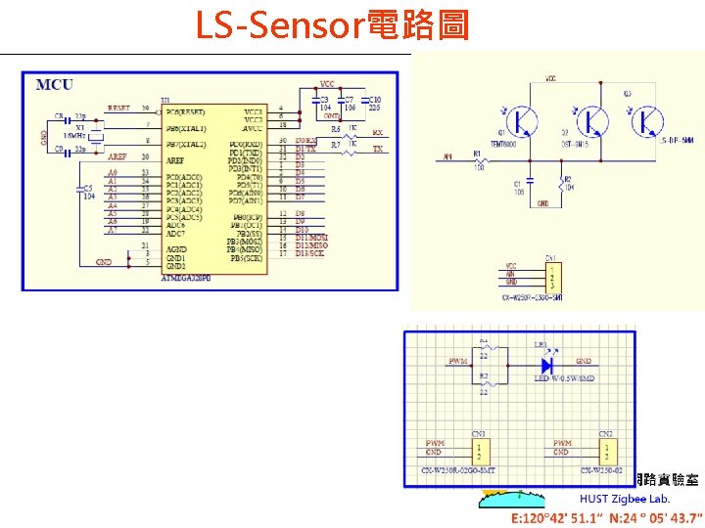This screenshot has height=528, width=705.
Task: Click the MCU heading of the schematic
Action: (x=55, y=85)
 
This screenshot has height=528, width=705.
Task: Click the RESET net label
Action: (x=118, y=109)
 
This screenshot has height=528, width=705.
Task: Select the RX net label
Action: (x=378, y=133)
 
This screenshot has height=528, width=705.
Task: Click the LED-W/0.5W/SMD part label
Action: (x=562, y=377)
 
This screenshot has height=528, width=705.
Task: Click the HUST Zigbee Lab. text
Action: (x=625, y=499)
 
